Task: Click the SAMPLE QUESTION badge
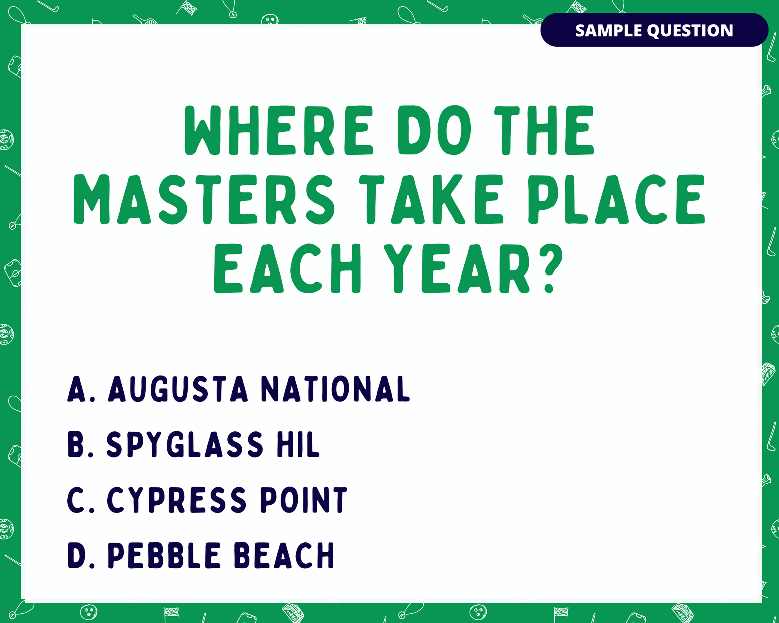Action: (654, 30)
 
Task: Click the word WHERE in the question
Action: (279, 130)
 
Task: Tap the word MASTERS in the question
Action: (204, 199)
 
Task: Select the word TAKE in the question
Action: (431, 199)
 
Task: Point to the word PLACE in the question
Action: (616, 199)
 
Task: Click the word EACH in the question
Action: (287, 268)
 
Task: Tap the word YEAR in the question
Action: (457, 268)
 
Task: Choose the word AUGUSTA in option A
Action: (178, 389)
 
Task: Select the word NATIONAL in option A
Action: (335, 389)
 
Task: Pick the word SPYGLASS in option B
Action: (185, 444)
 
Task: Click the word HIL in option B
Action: (298, 444)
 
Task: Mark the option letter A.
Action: (77, 389)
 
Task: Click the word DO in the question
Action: (434, 130)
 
